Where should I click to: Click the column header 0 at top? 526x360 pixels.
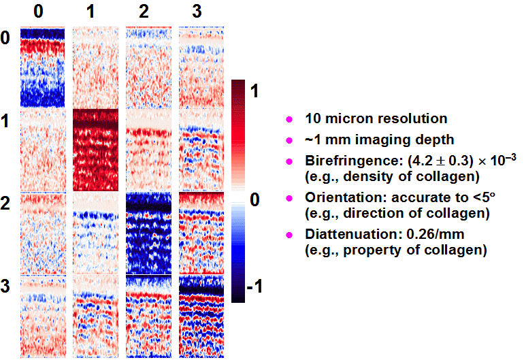(x=38, y=12)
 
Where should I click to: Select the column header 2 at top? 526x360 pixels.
(x=144, y=12)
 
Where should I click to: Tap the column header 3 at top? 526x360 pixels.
(x=197, y=12)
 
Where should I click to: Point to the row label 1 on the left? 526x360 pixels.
(x=5, y=120)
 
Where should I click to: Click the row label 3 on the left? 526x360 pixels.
(x=5, y=287)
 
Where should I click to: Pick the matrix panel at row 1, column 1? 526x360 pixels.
(x=96, y=150)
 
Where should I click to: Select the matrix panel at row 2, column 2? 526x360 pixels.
(x=148, y=233)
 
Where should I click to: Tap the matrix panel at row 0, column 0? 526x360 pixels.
(x=43, y=67)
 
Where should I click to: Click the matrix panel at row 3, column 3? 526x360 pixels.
(x=201, y=316)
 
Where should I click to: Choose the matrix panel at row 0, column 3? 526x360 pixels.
(x=201, y=67)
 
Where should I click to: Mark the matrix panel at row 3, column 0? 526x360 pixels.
(x=43, y=316)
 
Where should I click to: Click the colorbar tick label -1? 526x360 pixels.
(x=254, y=287)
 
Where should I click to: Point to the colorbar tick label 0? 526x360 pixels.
(x=254, y=199)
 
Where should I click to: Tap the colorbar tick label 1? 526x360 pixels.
(x=254, y=91)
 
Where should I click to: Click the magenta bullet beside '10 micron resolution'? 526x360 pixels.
(x=289, y=120)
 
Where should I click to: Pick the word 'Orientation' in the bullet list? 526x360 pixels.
(x=346, y=197)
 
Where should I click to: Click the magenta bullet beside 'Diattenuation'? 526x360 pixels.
(x=289, y=235)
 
